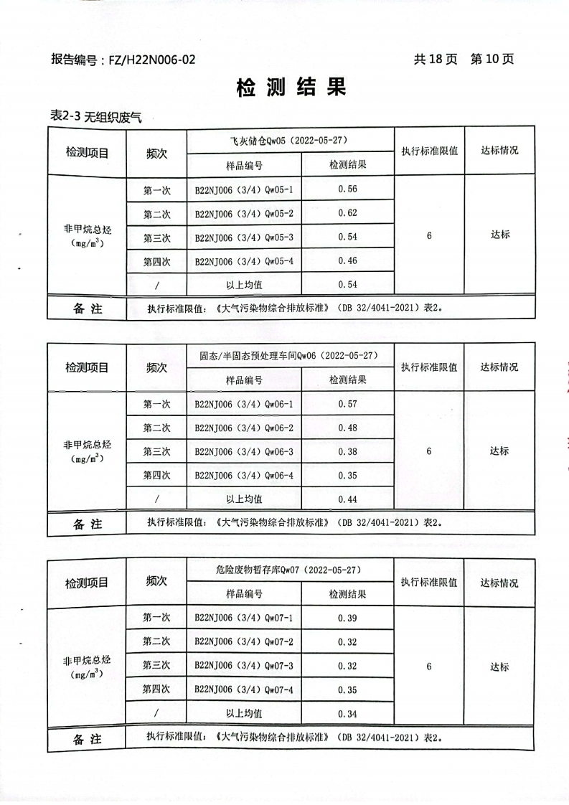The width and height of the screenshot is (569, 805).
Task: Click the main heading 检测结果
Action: point(291,88)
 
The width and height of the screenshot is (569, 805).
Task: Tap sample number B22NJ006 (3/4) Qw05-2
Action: point(244,214)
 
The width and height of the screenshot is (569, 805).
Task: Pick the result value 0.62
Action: point(347,214)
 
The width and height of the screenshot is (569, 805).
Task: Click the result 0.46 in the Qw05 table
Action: point(347,261)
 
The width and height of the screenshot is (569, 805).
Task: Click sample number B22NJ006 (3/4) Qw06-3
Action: point(244,452)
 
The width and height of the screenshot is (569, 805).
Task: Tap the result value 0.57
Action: point(347,405)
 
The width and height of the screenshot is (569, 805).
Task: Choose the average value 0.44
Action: point(347,499)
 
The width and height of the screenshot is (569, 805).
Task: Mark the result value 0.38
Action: point(347,452)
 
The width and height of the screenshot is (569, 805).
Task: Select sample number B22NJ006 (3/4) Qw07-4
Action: point(244,690)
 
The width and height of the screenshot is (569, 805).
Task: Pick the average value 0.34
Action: point(347,715)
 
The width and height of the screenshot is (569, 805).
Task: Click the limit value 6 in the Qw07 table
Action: point(428,667)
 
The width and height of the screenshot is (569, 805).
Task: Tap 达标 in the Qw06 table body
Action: point(499,451)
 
